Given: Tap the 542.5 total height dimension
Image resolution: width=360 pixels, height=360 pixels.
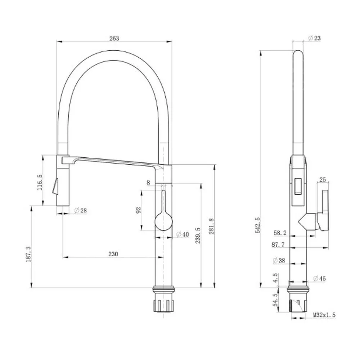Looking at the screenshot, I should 257,225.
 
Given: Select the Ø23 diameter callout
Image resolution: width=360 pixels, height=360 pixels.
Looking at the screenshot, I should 315,38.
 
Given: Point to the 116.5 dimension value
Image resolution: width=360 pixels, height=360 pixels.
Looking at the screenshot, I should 40,182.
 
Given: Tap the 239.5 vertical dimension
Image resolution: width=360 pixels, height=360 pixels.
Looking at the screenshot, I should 197,236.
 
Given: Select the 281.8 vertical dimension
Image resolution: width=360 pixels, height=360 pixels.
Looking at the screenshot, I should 211,227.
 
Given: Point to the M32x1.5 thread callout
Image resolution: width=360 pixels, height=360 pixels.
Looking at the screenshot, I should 324,315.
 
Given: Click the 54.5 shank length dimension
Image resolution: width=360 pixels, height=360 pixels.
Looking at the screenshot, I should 275,300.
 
